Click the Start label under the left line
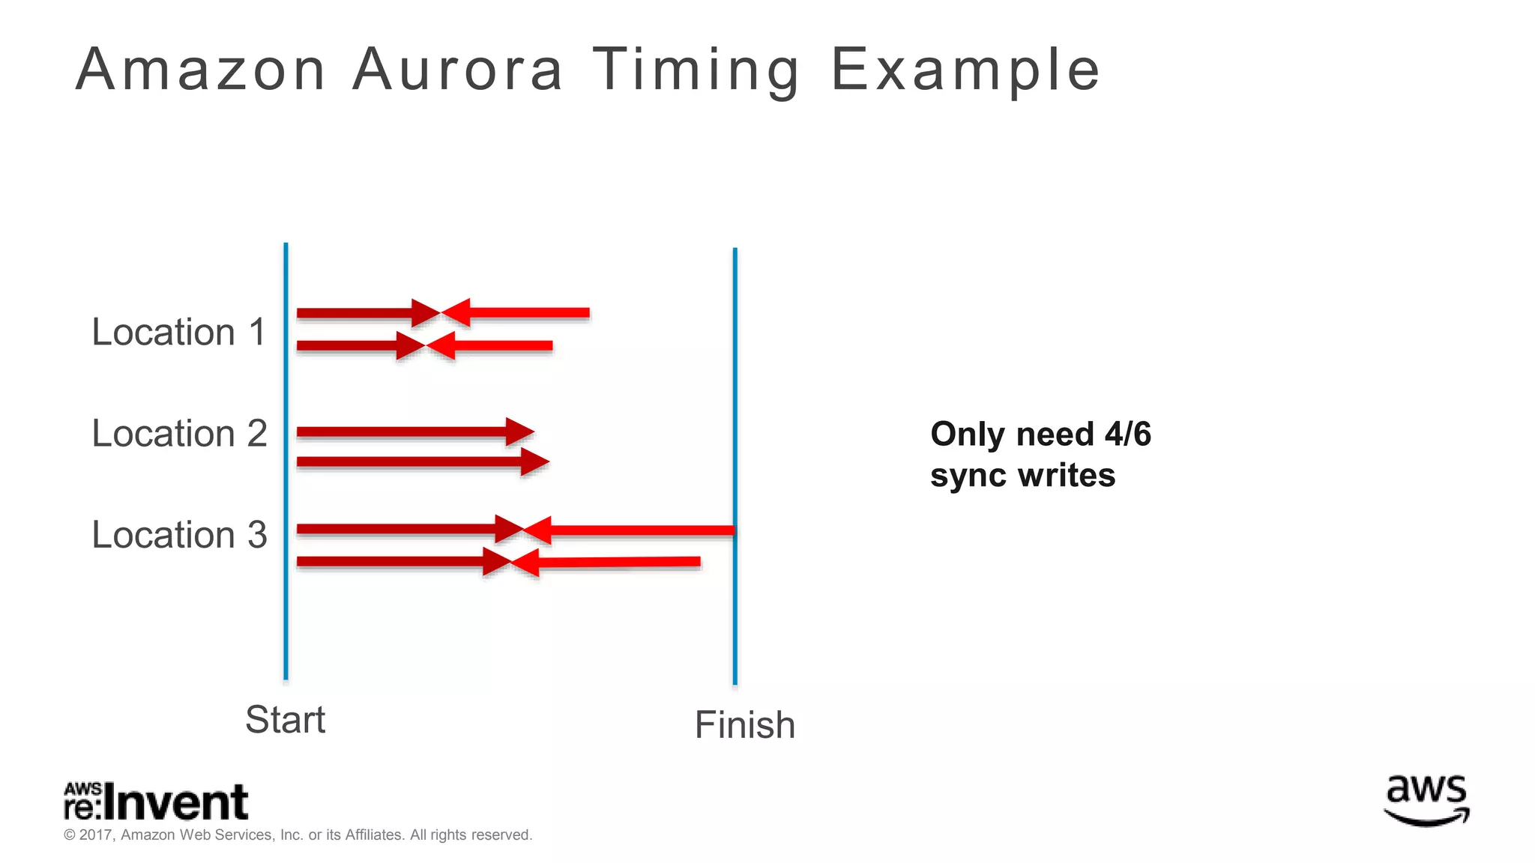click(285, 720)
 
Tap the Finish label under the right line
click(744, 725)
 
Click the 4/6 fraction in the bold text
click(1127, 434)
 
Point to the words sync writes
click(1022, 476)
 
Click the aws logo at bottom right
click(1426, 800)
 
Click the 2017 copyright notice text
click(298, 835)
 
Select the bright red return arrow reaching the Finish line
click(630, 531)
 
